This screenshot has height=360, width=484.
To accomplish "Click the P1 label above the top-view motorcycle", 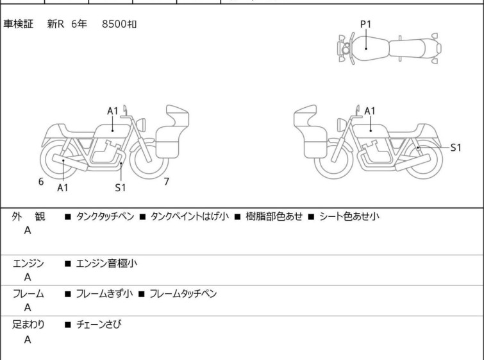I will click(365, 24).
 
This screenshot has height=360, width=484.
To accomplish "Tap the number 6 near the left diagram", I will click(41, 182).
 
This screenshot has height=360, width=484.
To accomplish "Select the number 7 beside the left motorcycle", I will click(166, 182).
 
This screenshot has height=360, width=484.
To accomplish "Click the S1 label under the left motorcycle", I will click(121, 188).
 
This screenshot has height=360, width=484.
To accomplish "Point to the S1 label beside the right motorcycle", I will click(456, 147).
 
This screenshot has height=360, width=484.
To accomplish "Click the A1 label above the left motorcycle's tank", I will click(113, 111).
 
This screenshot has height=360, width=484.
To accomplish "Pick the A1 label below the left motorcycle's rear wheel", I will click(63, 188).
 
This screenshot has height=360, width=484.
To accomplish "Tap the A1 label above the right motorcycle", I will click(370, 111).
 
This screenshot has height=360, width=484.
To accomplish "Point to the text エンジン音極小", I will click(106, 263).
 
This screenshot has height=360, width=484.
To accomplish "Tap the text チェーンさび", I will click(98, 325).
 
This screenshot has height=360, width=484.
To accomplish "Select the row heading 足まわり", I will click(29, 325).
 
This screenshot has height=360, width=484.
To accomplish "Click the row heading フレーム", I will click(29, 294).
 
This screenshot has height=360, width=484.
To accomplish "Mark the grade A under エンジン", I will click(28, 277).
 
